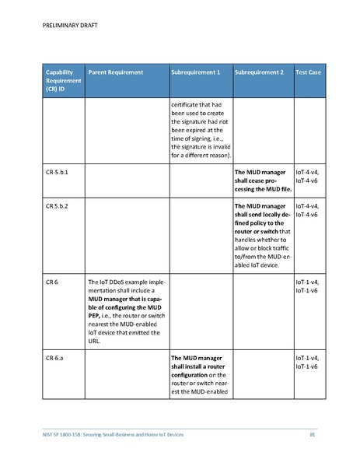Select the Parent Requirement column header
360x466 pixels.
click(116, 72)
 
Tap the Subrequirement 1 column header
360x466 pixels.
click(195, 72)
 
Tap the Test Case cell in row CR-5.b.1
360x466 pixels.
click(309, 175)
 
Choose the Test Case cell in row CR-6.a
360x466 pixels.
click(309, 362)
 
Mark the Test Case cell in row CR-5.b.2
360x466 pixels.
click(309, 210)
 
